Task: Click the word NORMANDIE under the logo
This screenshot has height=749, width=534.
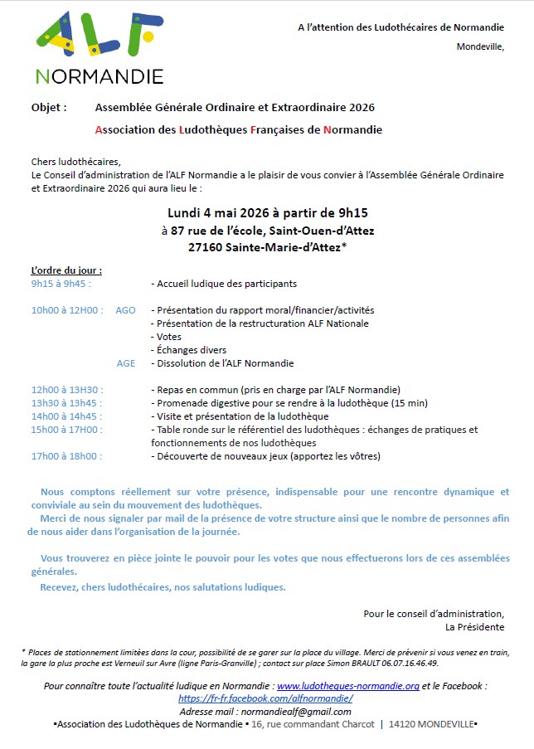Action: coord(100,77)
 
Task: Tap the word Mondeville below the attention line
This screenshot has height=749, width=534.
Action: coord(479,46)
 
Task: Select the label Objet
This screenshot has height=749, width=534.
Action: coord(48,108)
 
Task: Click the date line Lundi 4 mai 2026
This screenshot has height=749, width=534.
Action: coord(267,212)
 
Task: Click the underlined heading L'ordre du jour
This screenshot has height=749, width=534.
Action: coord(66,270)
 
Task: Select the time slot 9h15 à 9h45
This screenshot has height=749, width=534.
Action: coord(61,284)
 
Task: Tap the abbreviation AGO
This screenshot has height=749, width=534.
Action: coord(125,310)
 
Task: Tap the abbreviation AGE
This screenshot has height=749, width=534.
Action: coord(125,363)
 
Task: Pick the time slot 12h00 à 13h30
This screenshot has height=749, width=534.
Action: coord(66,390)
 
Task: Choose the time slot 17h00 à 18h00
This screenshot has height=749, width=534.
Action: coord(66,456)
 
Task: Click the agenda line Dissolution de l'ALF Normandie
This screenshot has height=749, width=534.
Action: coord(222,363)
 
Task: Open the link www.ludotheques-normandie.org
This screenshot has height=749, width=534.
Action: coord(348,687)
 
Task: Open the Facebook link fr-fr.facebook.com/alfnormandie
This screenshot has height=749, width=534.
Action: coord(266,698)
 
